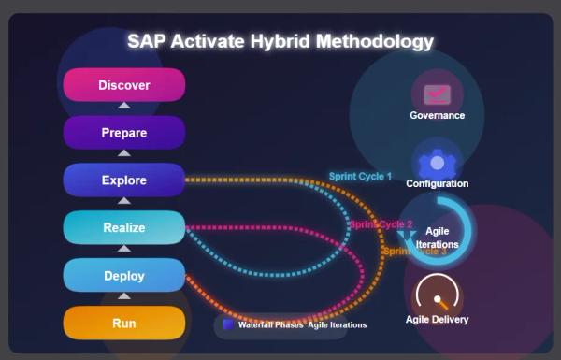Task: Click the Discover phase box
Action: (123, 85)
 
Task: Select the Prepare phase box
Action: (123, 133)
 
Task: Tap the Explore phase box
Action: (123, 180)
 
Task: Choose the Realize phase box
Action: (123, 227)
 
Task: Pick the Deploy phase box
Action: (123, 275)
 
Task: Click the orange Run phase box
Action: (123, 324)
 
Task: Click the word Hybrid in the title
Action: (280, 41)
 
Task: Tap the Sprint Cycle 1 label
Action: (360, 176)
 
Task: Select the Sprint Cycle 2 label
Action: (381, 224)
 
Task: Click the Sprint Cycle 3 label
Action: (414, 252)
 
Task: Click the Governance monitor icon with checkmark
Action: (437, 94)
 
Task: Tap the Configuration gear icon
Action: (437, 163)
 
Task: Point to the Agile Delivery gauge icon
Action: (437, 295)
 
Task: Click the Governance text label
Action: (437, 115)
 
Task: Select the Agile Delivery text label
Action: (437, 320)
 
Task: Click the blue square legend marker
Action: (228, 324)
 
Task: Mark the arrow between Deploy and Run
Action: (123, 297)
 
